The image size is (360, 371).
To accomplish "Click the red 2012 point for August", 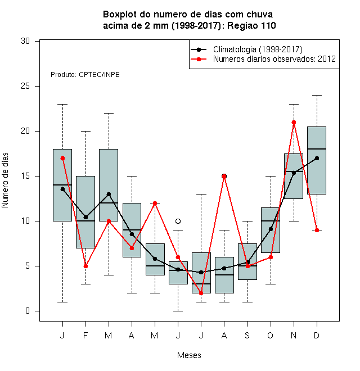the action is coord(224,177).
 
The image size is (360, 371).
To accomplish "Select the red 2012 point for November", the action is coord(294,123).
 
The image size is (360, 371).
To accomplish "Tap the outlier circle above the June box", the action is coord(178,221).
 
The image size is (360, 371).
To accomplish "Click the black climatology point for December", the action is coord(317,158).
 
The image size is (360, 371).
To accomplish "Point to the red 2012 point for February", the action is coord(85,266).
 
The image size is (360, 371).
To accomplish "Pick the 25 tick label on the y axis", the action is coord(25,86).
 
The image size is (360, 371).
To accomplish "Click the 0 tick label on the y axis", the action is coord(28,311).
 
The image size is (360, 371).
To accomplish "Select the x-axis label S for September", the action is coord(247,335).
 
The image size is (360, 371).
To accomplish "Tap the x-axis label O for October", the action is coord(270,335).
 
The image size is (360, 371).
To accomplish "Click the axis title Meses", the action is coord(189,355).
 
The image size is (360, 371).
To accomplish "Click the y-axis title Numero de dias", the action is coord(5,180).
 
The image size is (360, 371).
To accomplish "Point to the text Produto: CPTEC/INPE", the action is coord(85,75).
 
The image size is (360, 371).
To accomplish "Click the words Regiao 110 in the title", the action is coord(251,25).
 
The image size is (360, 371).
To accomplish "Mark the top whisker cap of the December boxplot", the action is coord(317,95).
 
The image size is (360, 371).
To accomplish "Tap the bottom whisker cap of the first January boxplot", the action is coord(62,302).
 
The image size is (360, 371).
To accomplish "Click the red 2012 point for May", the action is coord(155,203).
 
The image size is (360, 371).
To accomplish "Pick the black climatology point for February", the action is coord(85,217).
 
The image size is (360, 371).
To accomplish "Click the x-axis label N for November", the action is coord(294,335).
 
